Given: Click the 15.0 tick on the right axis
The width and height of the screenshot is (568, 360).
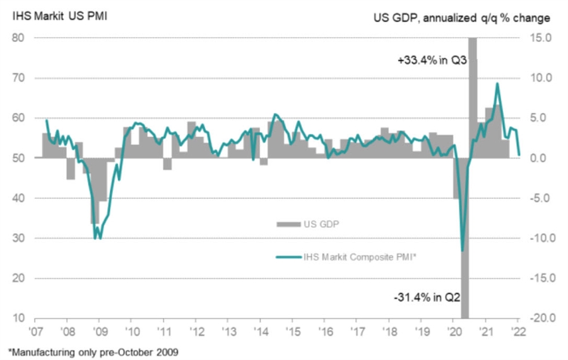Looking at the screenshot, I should [540, 38].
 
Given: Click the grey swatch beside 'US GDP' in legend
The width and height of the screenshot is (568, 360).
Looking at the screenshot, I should [288, 223].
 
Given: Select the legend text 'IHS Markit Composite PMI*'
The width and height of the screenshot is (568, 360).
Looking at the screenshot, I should [358, 256].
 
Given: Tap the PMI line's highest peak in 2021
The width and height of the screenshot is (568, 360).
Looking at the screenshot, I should [497, 83].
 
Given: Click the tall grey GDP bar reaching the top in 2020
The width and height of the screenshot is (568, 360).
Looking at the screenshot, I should [472, 95].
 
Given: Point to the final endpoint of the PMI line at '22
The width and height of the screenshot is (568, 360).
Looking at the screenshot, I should [519, 154].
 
